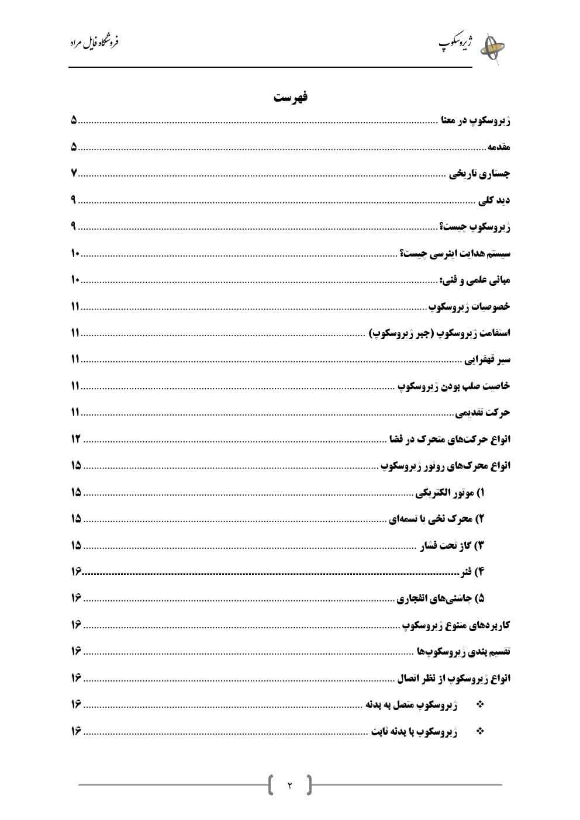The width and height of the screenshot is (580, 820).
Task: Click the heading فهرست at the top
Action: click(291, 98)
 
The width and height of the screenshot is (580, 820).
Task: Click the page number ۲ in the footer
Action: click(289, 785)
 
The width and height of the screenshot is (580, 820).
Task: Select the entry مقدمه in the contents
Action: click(499, 147)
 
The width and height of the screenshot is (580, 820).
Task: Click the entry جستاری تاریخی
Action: click(479, 174)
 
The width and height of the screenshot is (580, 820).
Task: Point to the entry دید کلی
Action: click(494, 200)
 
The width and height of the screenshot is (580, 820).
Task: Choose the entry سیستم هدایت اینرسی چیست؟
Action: click(455, 254)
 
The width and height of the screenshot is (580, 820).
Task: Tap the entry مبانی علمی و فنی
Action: click(474, 280)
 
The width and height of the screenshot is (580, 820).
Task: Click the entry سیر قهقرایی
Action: click(488, 359)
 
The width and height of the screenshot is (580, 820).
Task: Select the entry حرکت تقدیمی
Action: click(483, 413)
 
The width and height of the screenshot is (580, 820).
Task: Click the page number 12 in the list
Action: click(75, 439)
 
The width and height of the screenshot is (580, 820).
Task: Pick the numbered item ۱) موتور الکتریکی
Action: click(450, 493)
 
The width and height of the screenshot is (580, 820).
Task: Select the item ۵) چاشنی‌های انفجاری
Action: click(441, 598)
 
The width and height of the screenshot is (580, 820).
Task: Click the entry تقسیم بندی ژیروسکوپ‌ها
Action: click(464, 652)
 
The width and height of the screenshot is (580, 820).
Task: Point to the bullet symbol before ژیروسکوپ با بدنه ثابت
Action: click(481, 731)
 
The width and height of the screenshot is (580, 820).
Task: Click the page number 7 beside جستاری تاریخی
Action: click(74, 174)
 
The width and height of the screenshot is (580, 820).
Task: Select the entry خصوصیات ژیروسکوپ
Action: click(469, 306)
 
